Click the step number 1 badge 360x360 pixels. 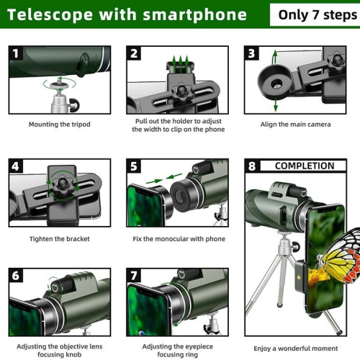click(17, 53)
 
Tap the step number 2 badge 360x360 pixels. click(135, 53)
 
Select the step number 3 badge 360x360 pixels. click(252, 53)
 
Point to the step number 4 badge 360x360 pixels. click(17, 166)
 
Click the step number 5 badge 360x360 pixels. click(135, 166)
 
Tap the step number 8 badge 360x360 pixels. click(252, 166)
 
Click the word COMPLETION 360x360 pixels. click(305, 166)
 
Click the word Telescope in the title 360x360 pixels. click(48, 14)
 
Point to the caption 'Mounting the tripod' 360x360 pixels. click(59, 125)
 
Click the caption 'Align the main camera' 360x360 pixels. click(296, 125)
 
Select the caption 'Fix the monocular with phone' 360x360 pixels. click(179, 239)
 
